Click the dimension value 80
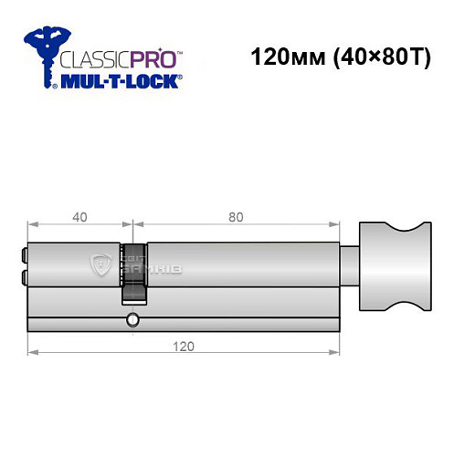coord(236,217)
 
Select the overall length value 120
coord(186,347)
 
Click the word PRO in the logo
coord(155,63)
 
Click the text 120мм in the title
coord(281,56)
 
